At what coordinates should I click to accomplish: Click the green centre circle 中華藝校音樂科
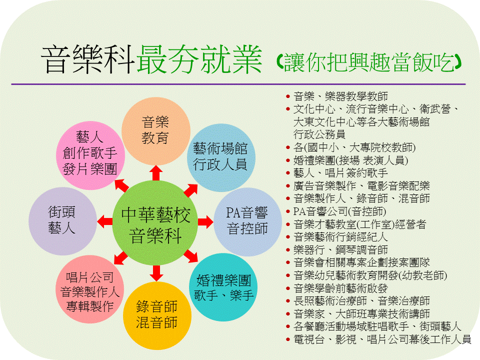click(155, 222)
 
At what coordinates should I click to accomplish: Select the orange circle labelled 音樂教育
click(156, 131)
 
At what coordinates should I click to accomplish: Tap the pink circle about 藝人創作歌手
click(90, 155)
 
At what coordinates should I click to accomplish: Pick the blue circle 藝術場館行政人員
click(220, 157)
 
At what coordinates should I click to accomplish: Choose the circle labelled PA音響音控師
click(247, 222)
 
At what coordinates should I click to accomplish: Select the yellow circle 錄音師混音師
click(157, 315)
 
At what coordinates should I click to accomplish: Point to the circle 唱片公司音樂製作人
click(90, 289)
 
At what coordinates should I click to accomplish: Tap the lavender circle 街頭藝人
click(63, 221)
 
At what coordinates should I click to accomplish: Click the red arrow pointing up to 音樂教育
click(156, 173)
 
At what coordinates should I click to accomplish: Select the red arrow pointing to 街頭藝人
click(104, 221)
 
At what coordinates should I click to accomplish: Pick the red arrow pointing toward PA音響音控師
click(205, 222)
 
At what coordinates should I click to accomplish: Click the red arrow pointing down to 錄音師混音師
click(156, 273)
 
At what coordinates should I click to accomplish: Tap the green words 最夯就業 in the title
click(199, 59)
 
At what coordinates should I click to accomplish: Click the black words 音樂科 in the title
click(88, 59)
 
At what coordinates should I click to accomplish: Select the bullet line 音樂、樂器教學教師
click(340, 96)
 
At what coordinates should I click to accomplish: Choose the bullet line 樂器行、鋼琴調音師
click(340, 250)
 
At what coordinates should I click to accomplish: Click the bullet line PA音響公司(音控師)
click(339, 211)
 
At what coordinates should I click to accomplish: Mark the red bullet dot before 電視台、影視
click(288, 339)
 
